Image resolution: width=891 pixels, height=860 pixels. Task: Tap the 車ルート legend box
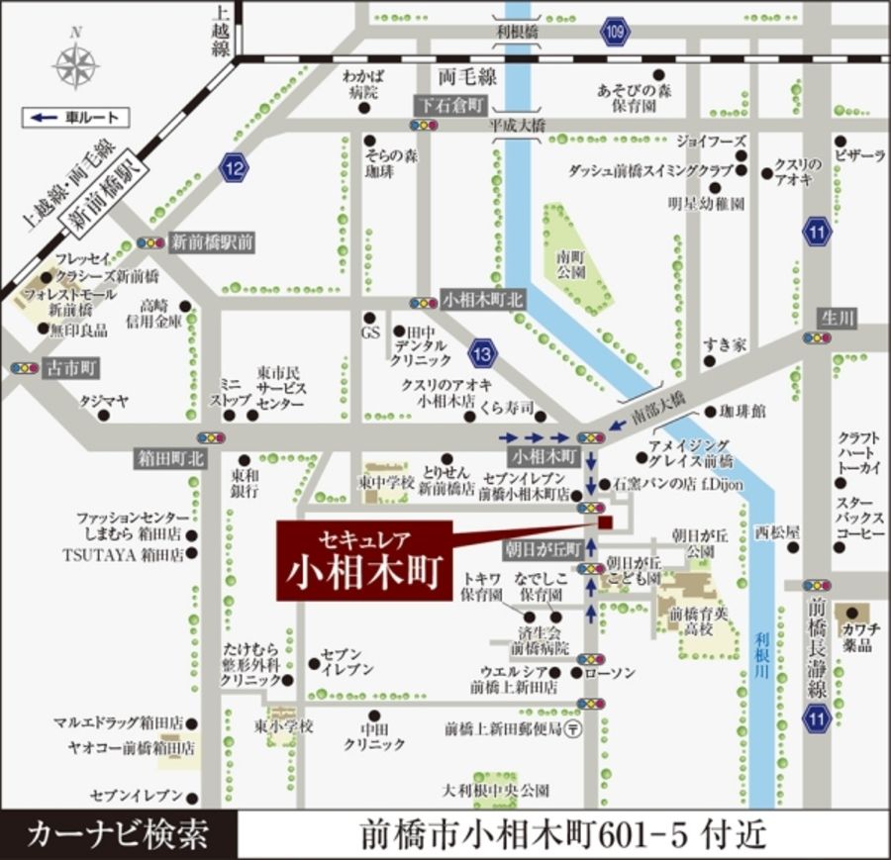pyautogui.click(x=75, y=118)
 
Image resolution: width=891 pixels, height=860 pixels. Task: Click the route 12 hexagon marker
pyautogui.click(x=235, y=167)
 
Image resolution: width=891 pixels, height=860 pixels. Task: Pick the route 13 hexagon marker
pyautogui.click(x=482, y=350)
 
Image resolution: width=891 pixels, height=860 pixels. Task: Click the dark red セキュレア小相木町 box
pyautogui.click(x=363, y=559)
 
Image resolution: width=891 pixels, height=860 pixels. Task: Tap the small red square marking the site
pyautogui.click(x=605, y=523)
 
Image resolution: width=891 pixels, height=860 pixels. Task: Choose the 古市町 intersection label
pyautogui.click(x=72, y=368)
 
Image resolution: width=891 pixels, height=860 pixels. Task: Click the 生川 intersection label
pyautogui.click(x=838, y=318)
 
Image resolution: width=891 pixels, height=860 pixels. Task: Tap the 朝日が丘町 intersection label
pyautogui.click(x=545, y=549)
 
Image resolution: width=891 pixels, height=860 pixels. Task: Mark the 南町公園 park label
pyautogui.click(x=572, y=261)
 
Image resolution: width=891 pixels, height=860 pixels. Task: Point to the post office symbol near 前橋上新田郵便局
pyautogui.click(x=576, y=728)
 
